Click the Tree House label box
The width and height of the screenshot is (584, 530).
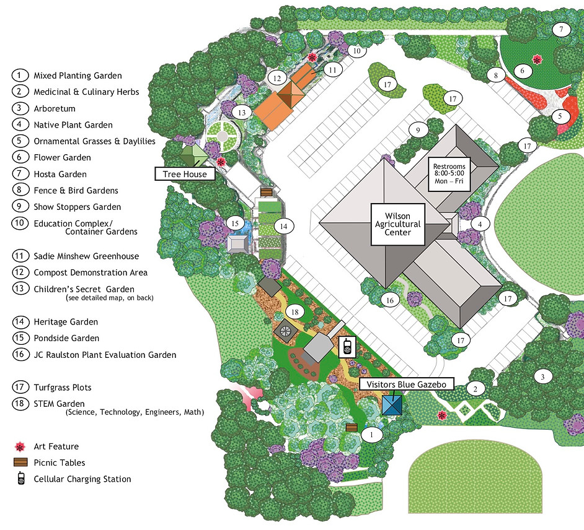pyautogui.click(x=185, y=174)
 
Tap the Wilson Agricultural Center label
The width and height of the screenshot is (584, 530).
pyautogui.click(x=398, y=224)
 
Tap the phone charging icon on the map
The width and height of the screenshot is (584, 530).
pyautogui.click(x=347, y=347)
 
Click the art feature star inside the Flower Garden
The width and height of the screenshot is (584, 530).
pyautogui.click(x=538, y=59)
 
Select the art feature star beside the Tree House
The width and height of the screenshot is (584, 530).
pyautogui.click(x=221, y=161)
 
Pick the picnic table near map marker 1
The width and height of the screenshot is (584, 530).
pyautogui.click(x=352, y=427)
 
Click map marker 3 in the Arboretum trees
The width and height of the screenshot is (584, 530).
pyautogui.click(x=543, y=376)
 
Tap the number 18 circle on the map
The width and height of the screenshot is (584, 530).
pyautogui.click(x=296, y=313)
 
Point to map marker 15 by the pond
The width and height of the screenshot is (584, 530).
pyautogui.click(x=234, y=222)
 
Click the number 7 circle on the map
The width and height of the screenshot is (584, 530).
pyautogui.click(x=561, y=29)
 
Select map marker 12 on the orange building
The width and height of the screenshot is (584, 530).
pyautogui.click(x=277, y=78)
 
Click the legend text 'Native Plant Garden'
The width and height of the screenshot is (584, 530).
pyautogui.click(x=73, y=124)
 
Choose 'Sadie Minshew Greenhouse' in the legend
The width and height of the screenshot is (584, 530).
pyautogui.click(x=86, y=256)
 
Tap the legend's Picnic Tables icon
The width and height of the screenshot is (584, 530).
pyautogui.click(x=21, y=463)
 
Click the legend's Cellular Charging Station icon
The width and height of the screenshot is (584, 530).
pyautogui.click(x=21, y=479)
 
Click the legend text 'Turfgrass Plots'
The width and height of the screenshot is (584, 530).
pyautogui.click(x=63, y=388)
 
